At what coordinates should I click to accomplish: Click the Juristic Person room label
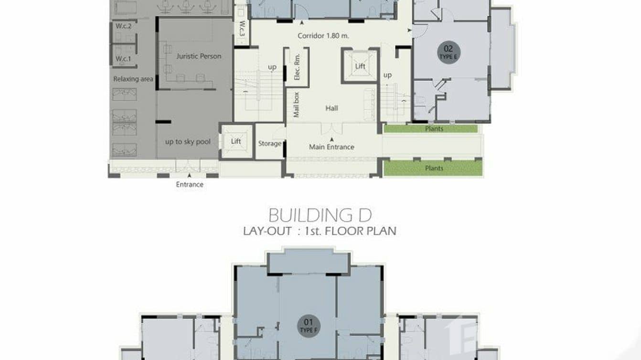tap(199, 56)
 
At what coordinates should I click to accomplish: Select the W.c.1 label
tap(123, 59)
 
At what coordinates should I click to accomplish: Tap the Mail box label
tap(297, 105)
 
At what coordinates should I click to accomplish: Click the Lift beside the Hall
tap(360, 66)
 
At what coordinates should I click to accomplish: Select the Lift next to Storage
tap(236, 141)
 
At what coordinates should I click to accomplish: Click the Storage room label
tap(269, 143)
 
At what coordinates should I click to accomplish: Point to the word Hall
tap(331, 108)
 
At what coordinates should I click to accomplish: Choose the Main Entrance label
tap(331, 147)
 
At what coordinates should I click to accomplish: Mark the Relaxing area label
tap(133, 79)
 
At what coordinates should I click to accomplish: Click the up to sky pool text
tap(188, 142)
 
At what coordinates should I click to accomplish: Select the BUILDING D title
tap(320, 215)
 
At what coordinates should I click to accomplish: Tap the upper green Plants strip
tap(431, 129)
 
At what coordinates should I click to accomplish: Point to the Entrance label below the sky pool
tap(190, 184)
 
